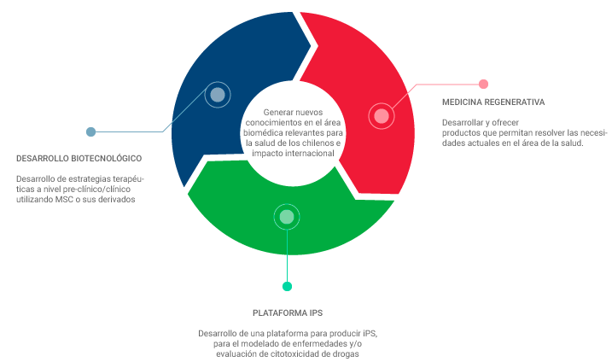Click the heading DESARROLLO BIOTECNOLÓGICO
click(79, 158)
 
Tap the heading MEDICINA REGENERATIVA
click(493, 102)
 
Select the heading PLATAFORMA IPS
click(287, 312)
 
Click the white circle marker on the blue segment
click(218, 95)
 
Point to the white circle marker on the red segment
click(382, 116)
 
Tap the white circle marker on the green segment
click(287, 217)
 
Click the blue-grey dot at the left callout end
click(90, 132)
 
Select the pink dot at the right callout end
click(483, 84)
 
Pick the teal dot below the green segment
click(287, 287)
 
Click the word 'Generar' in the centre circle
click(277, 112)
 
